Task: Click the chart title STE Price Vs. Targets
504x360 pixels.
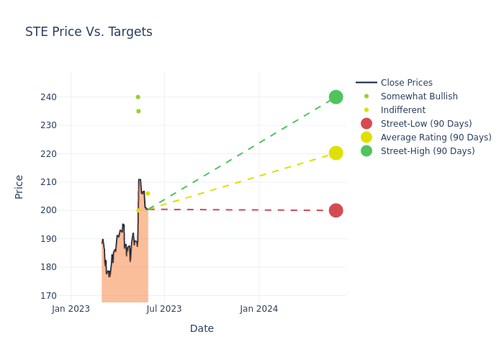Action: (89, 32)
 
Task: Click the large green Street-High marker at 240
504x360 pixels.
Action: (336, 96)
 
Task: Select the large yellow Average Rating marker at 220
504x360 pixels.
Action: (336, 153)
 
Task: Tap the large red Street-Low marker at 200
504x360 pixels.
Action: (336, 210)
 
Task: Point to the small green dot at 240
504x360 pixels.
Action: (138, 96)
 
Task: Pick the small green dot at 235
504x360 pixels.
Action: (138, 111)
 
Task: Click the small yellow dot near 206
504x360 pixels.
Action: (148, 193)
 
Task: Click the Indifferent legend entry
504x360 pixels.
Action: (402, 110)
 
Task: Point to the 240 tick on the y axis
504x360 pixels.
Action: (48, 97)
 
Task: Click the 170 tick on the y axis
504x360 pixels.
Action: (48, 295)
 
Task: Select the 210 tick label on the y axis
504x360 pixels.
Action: (48, 182)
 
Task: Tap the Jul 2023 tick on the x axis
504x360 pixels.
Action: (165, 309)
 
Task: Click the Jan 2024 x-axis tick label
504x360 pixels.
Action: (259, 309)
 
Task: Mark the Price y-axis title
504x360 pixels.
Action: (19, 186)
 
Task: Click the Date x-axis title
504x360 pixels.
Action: (202, 328)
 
